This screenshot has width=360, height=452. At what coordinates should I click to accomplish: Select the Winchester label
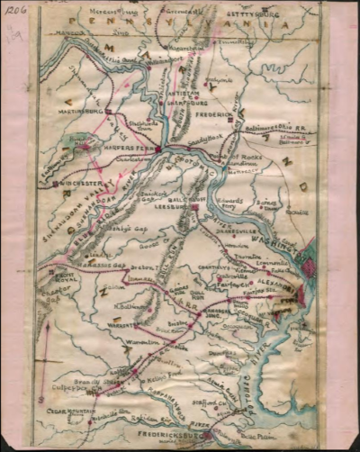(x=76, y=183)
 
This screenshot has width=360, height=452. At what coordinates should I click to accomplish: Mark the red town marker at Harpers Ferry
(x=158, y=149)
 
